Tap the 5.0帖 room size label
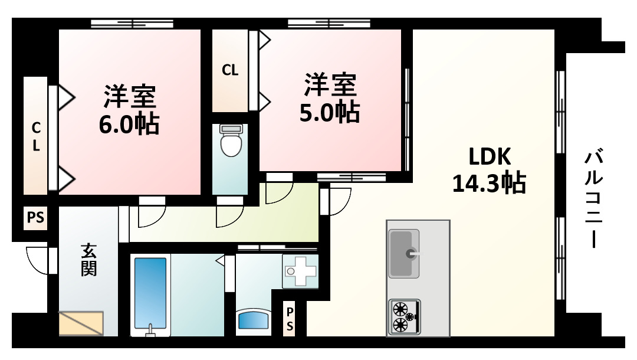(x=330, y=113)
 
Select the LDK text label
(x=489, y=157)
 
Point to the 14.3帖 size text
(x=489, y=184)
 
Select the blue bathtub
(x=150, y=293)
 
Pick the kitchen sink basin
(x=404, y=253)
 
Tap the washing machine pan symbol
(x=300, y=271)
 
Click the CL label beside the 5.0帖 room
(x=230, y=70)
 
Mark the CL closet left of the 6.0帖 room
(x=36, y=137)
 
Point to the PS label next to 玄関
(x=35, y=218)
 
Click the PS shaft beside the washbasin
(x=290, y=319)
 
